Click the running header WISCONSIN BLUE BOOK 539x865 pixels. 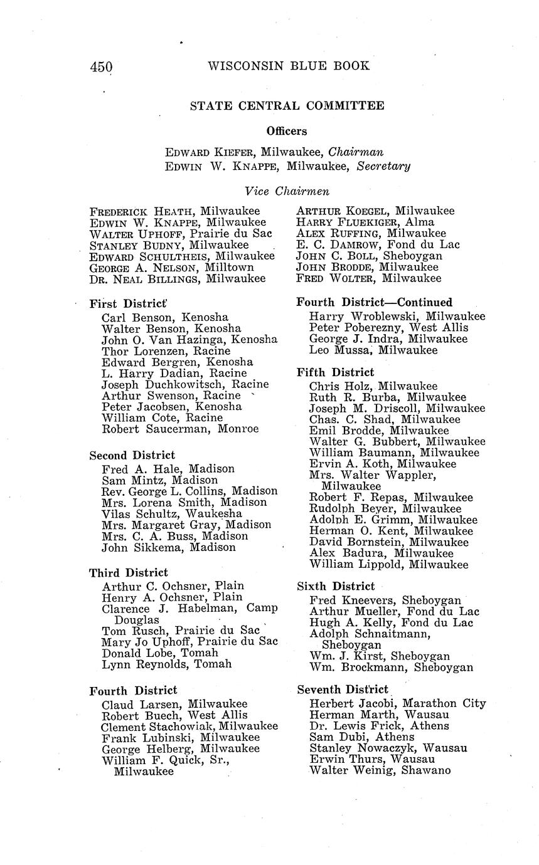[288, 66]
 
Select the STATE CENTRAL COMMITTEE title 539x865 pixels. [287, 106]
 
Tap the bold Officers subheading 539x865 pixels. [287, 131]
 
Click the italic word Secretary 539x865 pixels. [383, 166]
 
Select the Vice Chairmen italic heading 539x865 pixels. [287, 191]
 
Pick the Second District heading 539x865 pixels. [132, 455]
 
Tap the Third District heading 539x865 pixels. [129, 573]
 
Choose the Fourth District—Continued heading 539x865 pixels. [375, 302]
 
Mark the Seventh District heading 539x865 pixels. [343, 689]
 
